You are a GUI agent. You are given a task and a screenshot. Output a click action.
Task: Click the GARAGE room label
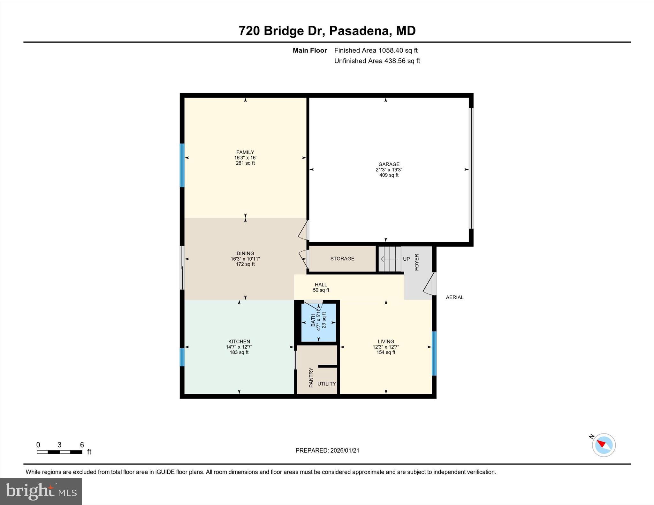tap(389, 164)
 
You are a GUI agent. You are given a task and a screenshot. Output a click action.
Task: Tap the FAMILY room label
tap(245, 152)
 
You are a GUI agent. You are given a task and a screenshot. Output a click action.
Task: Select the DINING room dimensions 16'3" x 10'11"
tap(245, 259)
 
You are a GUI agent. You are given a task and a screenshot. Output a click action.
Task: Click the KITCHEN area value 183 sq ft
tap(239, 352)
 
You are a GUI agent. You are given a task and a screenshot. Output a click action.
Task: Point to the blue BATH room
tap(318, 323)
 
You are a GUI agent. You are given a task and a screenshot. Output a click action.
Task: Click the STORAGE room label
tap(342, 258)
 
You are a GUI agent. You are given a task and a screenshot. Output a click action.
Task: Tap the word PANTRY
tap(311, 377)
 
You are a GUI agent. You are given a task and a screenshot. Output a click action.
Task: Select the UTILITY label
tap(326, 383)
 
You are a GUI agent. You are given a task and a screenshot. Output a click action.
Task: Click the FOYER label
tap(416, 262)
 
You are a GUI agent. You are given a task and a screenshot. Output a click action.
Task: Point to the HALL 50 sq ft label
tap(321, 287)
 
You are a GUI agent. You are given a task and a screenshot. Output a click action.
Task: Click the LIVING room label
tap(385, 341)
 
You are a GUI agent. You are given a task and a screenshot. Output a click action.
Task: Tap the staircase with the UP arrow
tap(390, 259)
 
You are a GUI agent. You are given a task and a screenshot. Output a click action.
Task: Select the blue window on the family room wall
tap(182, 165)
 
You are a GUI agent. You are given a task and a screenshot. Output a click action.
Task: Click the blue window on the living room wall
tap(434, 353)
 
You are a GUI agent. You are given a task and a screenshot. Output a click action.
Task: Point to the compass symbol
tap(603, 445)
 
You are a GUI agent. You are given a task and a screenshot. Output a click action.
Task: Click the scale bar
tap(59, 452)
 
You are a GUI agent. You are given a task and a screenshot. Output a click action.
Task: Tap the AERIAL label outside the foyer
tap(454, 297)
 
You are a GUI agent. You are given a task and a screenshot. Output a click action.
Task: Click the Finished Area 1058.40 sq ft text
tap(376, 50)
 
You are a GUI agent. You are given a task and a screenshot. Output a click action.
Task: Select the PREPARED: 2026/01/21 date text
tap(327, 450)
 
